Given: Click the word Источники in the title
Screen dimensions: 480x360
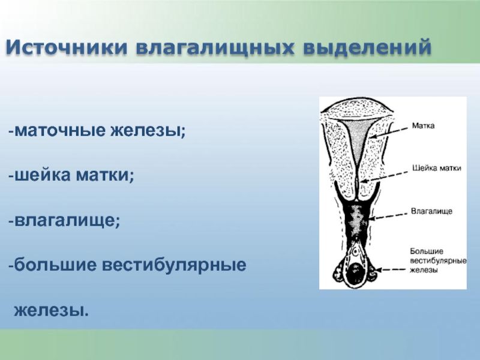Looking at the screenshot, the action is (x=67, y=47).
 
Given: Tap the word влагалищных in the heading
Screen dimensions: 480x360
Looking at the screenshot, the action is (x=215, y=48).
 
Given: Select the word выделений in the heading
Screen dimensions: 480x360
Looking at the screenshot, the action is (x=367, y=47).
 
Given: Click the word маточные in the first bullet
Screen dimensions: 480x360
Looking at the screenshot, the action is (x=60, y=130).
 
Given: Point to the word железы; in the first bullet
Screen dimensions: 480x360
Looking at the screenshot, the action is (x=148, y=131).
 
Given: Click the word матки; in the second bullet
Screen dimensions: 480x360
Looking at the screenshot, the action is (x=105, y=175).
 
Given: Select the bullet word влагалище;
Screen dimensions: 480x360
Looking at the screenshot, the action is (x=67, y=220).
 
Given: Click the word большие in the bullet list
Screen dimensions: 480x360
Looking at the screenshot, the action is (x=55, y=265).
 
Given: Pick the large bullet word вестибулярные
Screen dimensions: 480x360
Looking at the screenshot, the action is (x=174, y=265).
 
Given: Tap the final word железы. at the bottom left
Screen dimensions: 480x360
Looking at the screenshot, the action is (x=52, y=310).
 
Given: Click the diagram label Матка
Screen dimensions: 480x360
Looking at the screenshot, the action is (x=423, y=125).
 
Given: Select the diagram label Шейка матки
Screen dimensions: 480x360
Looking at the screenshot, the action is (x=437, y=168).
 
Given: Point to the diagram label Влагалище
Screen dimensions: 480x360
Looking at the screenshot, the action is (x=431, y=211).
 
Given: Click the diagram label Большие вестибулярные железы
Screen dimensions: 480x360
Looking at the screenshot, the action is (x=438, y=260).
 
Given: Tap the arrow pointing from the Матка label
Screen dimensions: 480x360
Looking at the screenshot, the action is (x=388, y=133).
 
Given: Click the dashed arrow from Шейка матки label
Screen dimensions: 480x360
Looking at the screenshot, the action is (x=385, y=176).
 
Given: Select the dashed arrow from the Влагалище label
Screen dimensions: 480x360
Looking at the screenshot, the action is (x=388, y=216).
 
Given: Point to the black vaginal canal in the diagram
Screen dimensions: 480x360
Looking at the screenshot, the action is (x=355, y=220).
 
